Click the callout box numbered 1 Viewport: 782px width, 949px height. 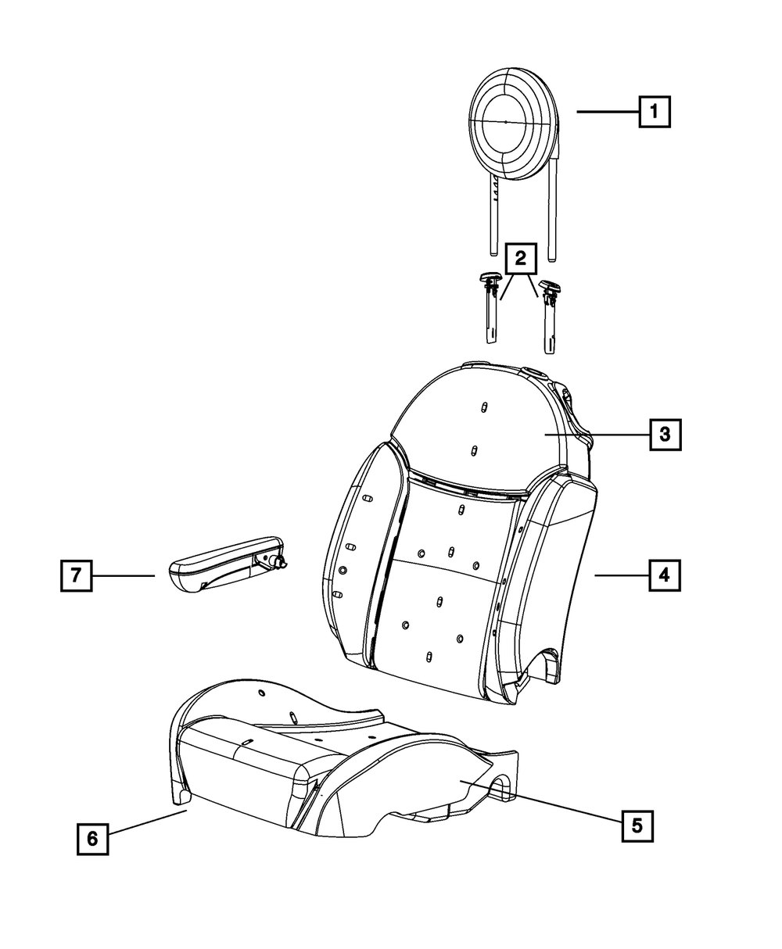click(x=655, y=112)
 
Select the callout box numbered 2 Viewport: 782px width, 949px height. click(x=520, y=259)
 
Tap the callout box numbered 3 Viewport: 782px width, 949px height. click(x=664, y=434)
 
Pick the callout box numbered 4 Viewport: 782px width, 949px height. click(x=663, y=575)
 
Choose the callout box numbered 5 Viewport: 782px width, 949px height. click(x=637, y=824)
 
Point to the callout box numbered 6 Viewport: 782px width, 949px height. click(x=92, y=838)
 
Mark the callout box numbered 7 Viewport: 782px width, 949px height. click(x=76, y=575)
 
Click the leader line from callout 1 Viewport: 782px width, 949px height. click(x=608, y=113)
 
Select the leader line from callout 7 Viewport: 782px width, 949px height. click(x=123, y=575)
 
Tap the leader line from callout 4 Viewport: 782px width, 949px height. click(x=621, y=575)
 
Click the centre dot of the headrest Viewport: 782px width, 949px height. click(x=506, y=122)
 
